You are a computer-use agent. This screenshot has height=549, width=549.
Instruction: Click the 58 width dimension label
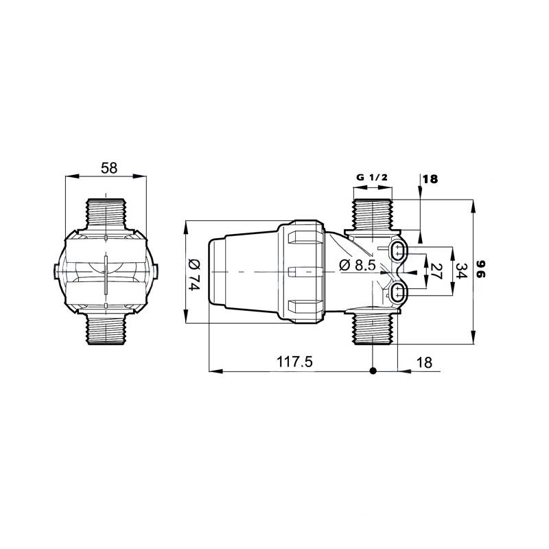109,168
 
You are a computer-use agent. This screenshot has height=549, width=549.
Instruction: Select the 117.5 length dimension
294,362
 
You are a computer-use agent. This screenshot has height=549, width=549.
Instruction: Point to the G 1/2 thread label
372,178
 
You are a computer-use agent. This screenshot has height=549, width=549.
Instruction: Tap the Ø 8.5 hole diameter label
358,265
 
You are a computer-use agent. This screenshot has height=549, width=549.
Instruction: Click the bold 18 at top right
430,179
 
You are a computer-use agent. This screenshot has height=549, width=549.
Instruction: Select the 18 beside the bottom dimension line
425,362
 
